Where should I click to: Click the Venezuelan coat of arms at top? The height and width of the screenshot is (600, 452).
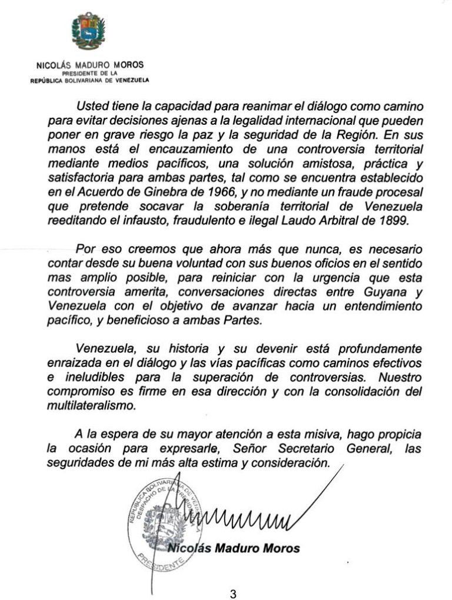pyautogui.click(x=88, y=31)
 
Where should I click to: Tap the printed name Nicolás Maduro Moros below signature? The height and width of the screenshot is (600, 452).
pyautogui.click(x=234, y=548)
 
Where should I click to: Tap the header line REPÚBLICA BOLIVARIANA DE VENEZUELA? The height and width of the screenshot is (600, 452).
pyautogui.click(x=90, y=80)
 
